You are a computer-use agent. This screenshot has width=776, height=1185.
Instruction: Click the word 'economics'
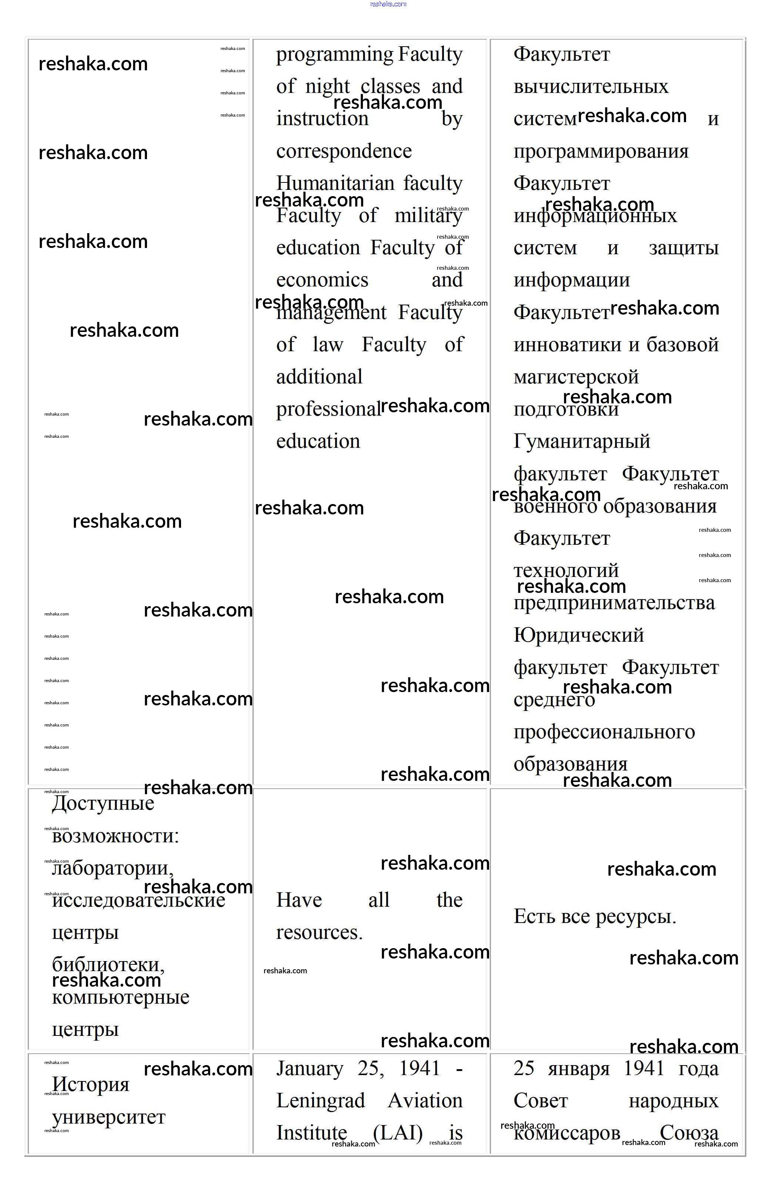pyautogui.click(x=322, y=280)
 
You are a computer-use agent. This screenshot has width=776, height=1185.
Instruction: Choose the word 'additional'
pyautogui.click(x=319, y=377)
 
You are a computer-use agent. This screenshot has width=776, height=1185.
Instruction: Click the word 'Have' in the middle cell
pyautogui.click(x=299, y=900)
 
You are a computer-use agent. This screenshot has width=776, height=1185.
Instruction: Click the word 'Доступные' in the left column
pyautogui.click(x=103, y=803)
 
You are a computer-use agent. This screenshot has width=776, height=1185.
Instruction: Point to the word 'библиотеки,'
pyautogui.click(x=108, y=964)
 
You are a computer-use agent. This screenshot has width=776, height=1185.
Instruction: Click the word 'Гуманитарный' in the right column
pyautogui.click(x=581, y=442)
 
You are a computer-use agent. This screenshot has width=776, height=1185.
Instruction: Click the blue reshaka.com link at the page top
pyautogui.click(x=388, y=4)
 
